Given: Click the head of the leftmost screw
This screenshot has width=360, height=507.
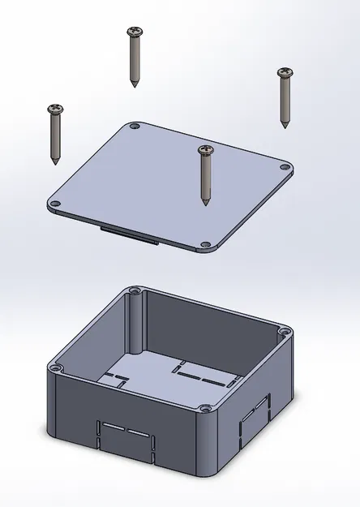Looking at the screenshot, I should point(55,109).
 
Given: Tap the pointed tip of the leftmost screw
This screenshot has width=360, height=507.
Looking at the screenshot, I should point(55,162).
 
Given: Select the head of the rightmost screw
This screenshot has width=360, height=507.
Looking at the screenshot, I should point(284,73).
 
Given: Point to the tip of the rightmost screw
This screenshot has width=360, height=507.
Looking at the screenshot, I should point(284,126).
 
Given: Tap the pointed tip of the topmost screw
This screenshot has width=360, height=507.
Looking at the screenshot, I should point(134,85).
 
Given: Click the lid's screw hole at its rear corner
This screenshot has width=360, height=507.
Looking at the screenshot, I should point(135,127).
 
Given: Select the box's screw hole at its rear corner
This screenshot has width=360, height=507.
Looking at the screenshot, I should point(134,290).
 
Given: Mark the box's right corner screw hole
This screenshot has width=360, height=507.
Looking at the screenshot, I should point(284,330).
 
